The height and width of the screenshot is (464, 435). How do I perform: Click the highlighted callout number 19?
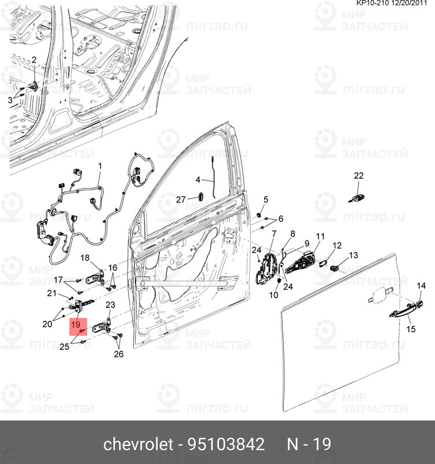pyautogui.click(x=76, y=324)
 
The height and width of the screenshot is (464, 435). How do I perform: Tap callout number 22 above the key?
pyautogui.click(x=359, y=176)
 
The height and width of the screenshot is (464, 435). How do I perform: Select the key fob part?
pyautogui.click(x=356, y=198)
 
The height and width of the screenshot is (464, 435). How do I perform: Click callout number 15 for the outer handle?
pyautogui.click(x=411, y=329)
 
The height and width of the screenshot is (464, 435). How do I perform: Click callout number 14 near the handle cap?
pyautogui.click(x=422, y=285)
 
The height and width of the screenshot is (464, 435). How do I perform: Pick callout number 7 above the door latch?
pyautogui.click(x=274, y=234)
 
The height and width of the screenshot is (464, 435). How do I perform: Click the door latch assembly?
pyautogui.click(x=267, y=268)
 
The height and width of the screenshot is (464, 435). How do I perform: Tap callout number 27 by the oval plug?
pyautogui.click(x=181, y=200)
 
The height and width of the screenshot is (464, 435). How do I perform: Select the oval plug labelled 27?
pyautogui.click(x=200, y=197)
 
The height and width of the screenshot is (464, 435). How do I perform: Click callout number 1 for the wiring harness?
pyautogui.click(x=100, y=166)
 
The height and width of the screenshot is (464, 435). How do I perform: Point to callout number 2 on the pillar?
pyautogui.click(x=34, y=60)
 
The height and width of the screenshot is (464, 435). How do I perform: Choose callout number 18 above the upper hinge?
pyautogui.click(x=85, y=258)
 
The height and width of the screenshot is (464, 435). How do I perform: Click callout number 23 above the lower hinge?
pyautogui.click(x=110, y=304)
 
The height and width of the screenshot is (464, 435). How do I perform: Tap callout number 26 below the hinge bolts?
pyautogui.click(x=119, y=354)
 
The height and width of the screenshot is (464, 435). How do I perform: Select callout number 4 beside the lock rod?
pyautogui.click(x=198, y=180)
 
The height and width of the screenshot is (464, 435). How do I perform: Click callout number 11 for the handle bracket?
pyautogui.click(x=320, y=236)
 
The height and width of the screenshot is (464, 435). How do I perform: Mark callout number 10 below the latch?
pyautogui.click(x=273, y=295)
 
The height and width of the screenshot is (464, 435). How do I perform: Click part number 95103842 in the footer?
pyautogui.click(x=226, y=444)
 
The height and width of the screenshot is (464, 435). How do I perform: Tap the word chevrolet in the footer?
pyautogui.click(x=138, y=444)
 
